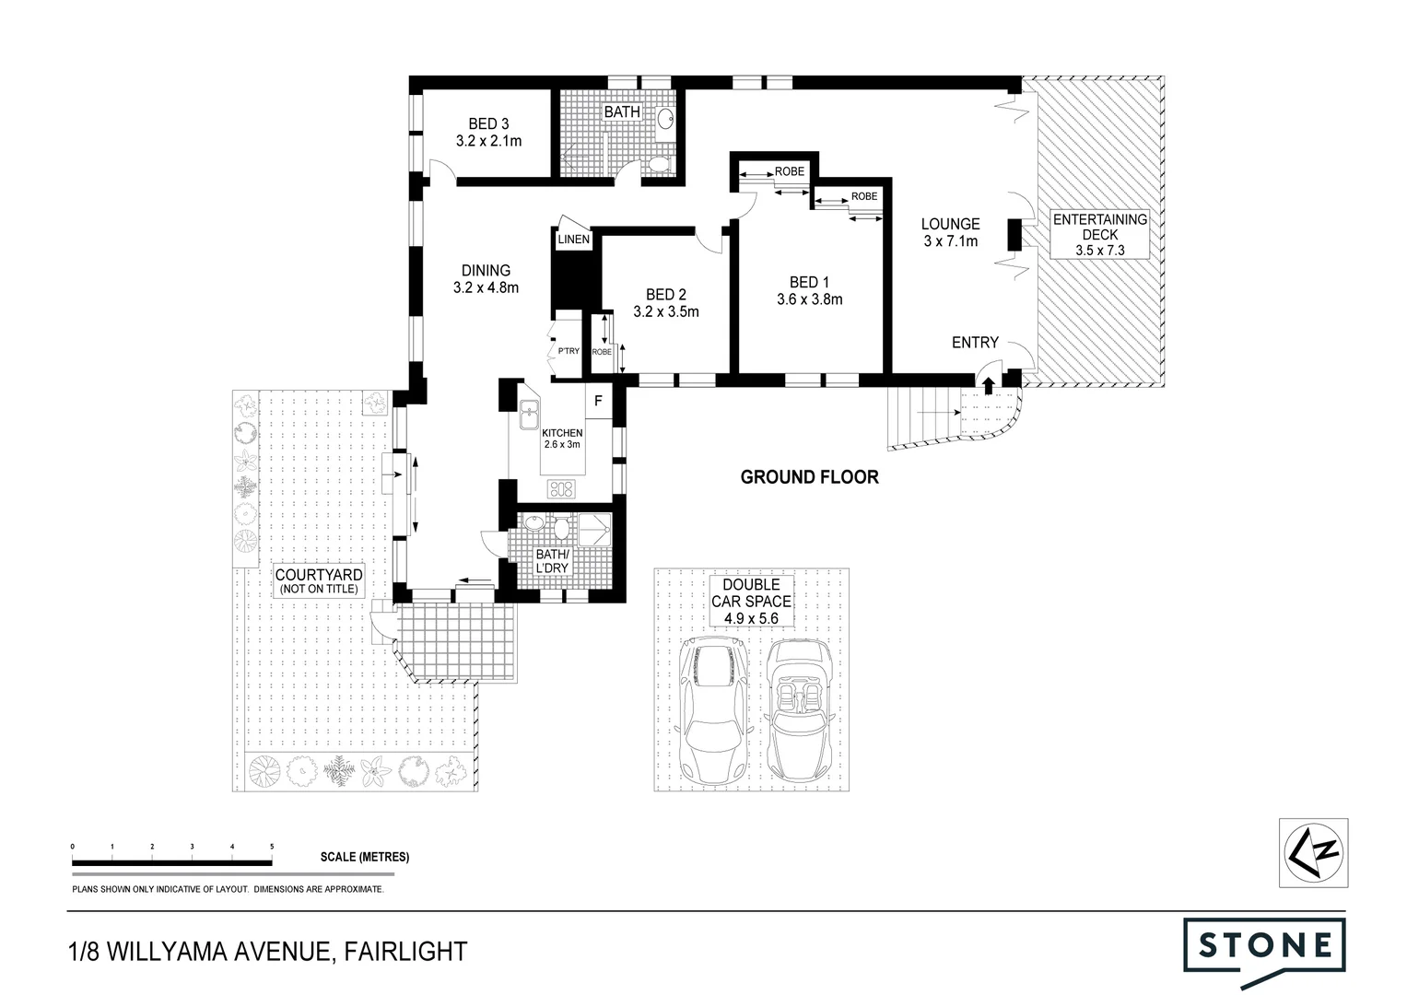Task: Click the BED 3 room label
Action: [x=488, y=123]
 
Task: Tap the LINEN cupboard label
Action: [x=573, y=240]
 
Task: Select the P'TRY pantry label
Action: [x=567, y=351]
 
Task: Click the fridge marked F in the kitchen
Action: [x=598, y=402]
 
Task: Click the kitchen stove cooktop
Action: [x=561, y=488]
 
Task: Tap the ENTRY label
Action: [x=975, y=343]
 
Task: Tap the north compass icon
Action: [x=1314, y=852]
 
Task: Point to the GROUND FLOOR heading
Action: [x=809, y=477]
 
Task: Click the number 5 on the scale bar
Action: [x=271, y=846]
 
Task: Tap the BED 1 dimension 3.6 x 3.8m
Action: [x=810, y=299]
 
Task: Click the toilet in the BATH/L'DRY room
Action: [x=560, y=528]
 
